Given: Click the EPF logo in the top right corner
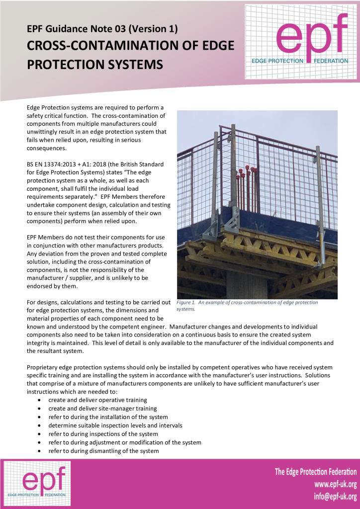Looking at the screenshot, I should click(301, 42).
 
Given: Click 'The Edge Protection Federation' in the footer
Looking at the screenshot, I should click(316, 472).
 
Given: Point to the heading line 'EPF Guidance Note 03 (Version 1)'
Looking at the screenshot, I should click(102, 29).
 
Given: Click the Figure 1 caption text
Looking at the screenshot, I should click(247, 305).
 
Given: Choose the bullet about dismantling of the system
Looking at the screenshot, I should click(103, 451).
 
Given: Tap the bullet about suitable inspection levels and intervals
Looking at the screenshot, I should click(115, 425).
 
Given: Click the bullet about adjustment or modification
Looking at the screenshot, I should click(124, 442).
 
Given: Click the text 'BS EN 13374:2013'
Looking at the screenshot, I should click(53, 164).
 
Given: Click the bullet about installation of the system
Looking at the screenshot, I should click(108, 417).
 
